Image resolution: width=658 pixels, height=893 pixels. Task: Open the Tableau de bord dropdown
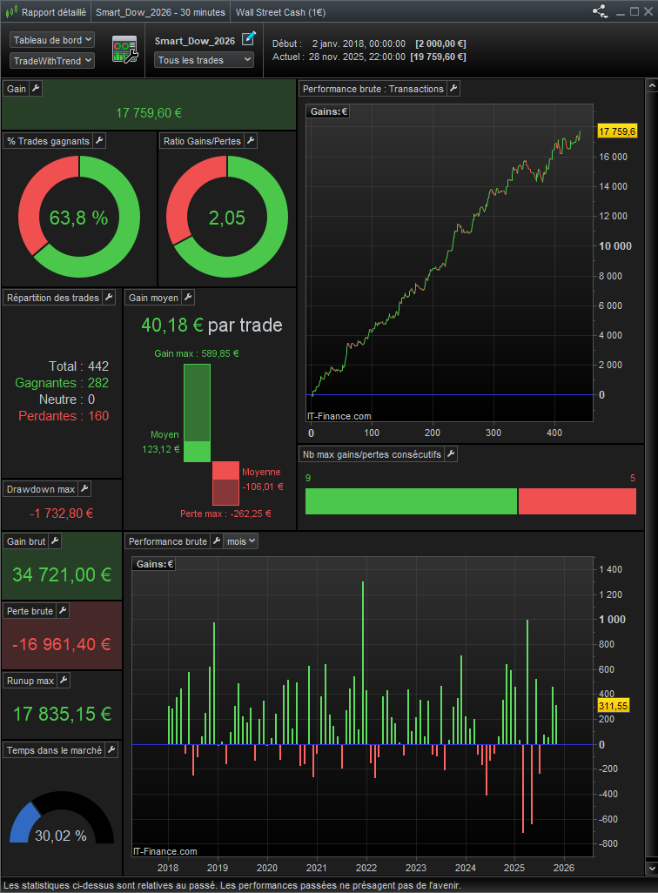[x=52, y=40]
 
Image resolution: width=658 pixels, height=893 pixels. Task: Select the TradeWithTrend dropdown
[x=52, y=60]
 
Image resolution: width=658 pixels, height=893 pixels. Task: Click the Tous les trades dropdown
[x=204, y=60]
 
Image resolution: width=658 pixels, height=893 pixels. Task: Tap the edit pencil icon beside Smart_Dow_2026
[x=249, y=37]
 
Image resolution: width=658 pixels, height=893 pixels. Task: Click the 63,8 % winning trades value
[x=78, y=218]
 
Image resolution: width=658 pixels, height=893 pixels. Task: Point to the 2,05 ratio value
[x=226, y=218]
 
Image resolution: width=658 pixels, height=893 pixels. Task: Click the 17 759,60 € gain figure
[x=148, y=112]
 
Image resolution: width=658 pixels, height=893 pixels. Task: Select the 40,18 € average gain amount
[x=172, y=325]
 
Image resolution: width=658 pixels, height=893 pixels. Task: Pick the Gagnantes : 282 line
[x=62, y=383]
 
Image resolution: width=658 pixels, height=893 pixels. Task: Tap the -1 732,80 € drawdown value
[x=61, y=514]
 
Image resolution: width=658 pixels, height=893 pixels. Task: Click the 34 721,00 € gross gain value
[x=62, y=574]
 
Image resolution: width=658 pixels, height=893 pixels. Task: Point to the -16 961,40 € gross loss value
[x=62, y=644]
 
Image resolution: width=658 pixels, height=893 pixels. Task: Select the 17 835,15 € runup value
[x=62, y=714]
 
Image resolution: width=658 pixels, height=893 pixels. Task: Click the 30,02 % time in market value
[x=61, y=836]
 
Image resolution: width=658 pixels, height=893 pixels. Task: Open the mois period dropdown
[x=241, y=541]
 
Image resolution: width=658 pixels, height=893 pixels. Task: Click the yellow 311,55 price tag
[x=615, y=707]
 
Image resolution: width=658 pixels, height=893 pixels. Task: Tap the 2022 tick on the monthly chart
[x=366, y=868]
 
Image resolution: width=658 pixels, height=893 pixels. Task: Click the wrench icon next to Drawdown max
[x=84, y=489]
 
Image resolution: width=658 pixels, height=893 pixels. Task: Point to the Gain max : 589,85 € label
[x=197, y=353]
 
